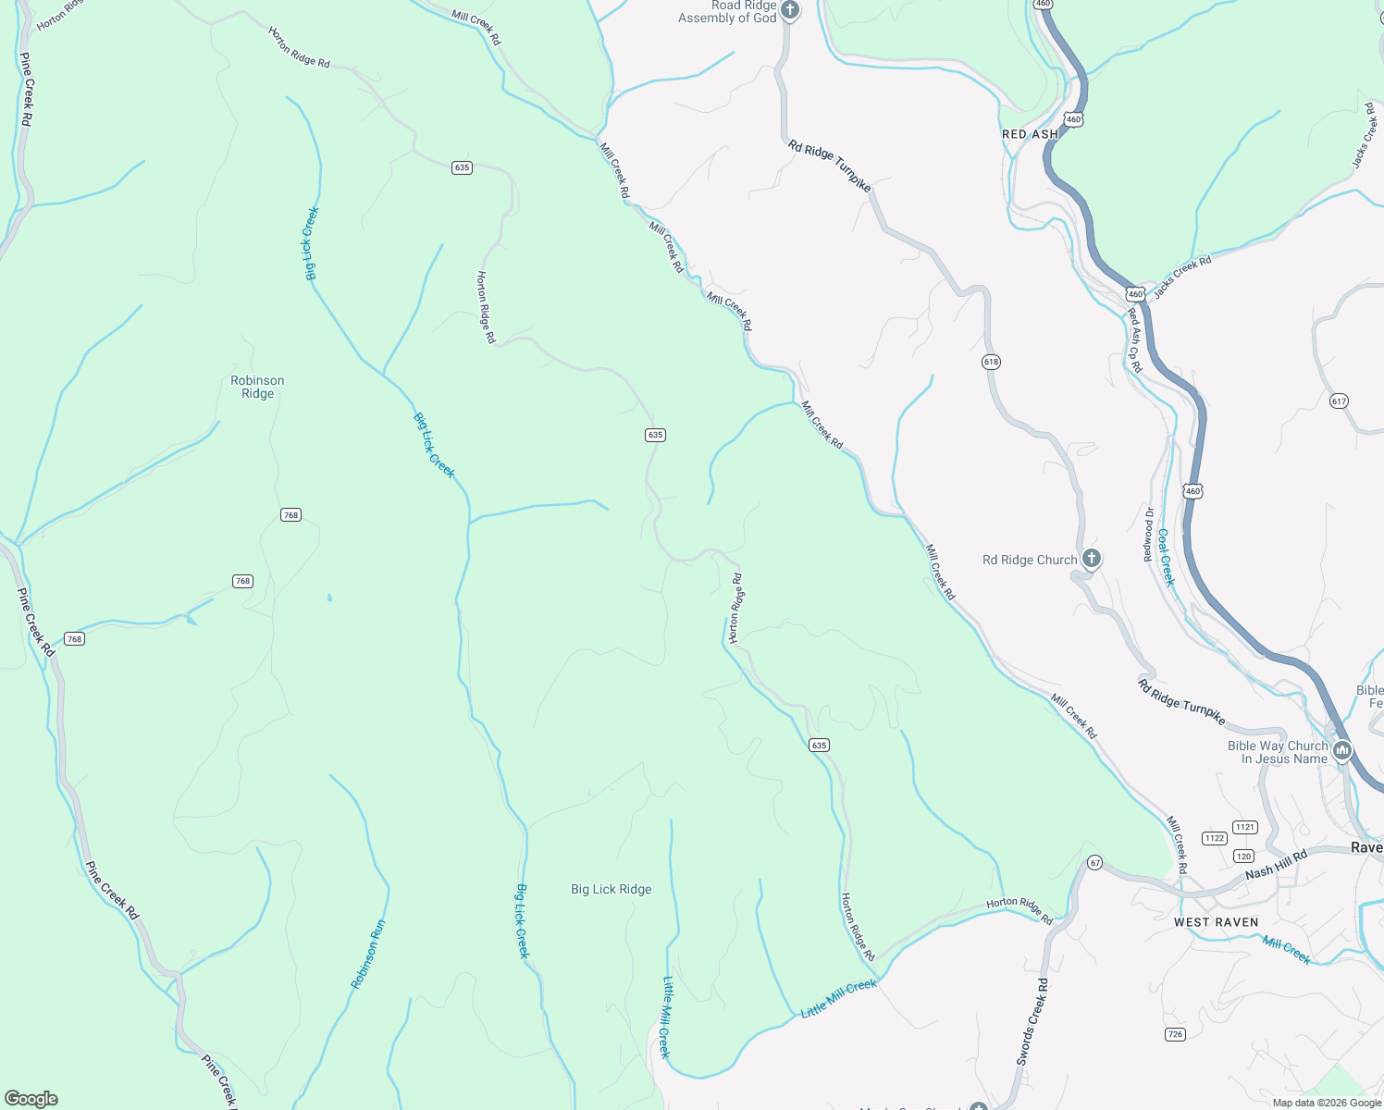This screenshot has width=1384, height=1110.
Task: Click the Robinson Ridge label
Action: pos(257,387)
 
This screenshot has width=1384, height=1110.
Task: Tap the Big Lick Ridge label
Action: pos(611,889)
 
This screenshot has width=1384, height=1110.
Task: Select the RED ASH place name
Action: pos(1030,134)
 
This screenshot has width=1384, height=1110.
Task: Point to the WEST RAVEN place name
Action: pos(1216,922)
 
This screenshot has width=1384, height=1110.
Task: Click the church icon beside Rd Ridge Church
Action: pos(1092,558)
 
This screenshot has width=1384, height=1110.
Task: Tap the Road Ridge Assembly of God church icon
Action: pos(790,11)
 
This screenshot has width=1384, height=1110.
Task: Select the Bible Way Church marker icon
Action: pos(1342,750)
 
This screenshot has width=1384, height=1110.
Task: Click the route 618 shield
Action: pos(991,362)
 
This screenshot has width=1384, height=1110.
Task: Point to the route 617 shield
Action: pos(1339,401)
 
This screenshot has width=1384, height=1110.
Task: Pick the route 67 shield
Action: pos(1095,863)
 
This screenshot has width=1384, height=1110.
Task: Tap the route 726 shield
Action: pos(1175,1034)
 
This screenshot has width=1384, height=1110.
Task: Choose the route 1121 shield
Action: pos(1245,827)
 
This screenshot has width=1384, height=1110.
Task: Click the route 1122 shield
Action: pos(1215,838)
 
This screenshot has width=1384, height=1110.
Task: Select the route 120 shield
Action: pos(1243,856)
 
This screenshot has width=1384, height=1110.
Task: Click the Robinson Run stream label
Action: pos(367,954)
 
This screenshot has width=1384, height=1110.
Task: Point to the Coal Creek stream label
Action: pos(1166,557)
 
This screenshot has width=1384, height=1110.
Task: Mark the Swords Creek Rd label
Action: pos(1032,1021)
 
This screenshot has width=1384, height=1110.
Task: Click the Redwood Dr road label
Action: pos(1148,534)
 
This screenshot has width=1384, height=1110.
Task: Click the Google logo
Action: pos(31,1098)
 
